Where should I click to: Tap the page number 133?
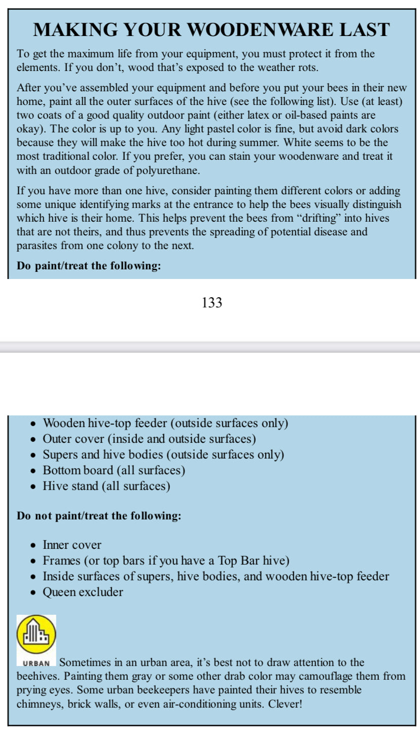click(x=212, y=303)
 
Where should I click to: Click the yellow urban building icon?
click(x=36, y=635)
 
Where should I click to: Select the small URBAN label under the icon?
click(x=37, y=663)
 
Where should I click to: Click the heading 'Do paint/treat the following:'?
click(x=89, y=265)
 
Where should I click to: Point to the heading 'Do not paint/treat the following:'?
click(x=99, y=516)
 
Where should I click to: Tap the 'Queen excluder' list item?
click(x=83, y=592)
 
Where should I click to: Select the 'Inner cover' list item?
click(x=72, y=545)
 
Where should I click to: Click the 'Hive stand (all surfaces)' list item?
click(x=106, y=486)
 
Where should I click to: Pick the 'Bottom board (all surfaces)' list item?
click(x=114, y=470)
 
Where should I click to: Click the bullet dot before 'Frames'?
click(x=33, y=562)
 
